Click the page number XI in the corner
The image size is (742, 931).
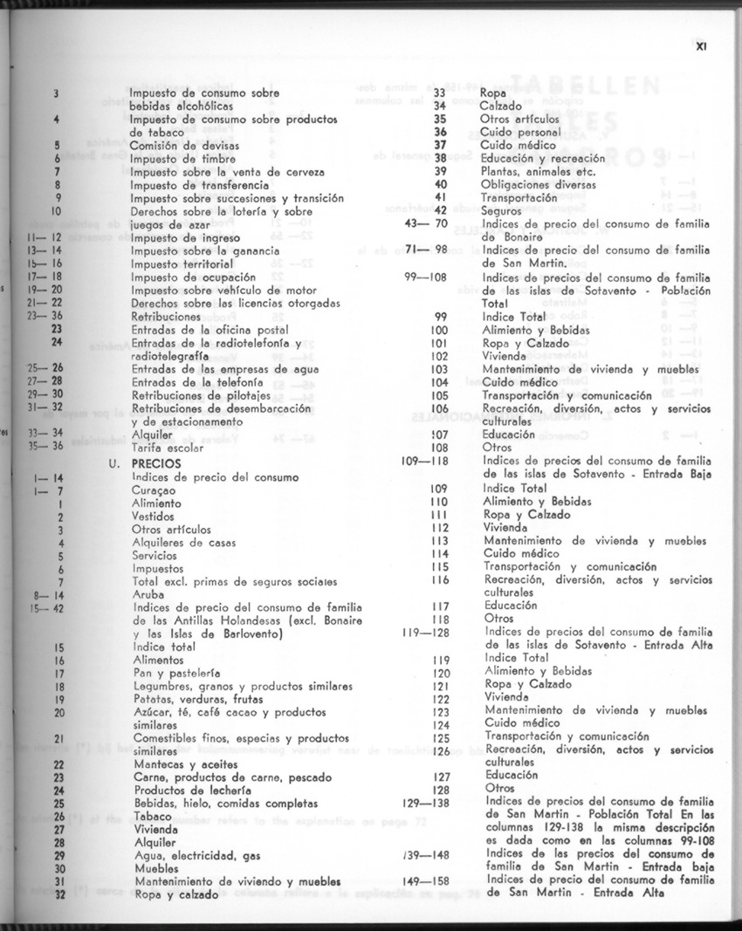tap(700, 49)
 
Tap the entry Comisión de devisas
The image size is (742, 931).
tap(184, 146)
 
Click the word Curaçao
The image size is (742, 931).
tap(154, 490)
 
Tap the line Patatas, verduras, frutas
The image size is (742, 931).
tap(198, 699)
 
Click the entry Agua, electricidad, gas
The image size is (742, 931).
tap(196, 856)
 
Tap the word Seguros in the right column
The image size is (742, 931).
tap(502, 210)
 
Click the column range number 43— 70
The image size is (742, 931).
tap(427, 223)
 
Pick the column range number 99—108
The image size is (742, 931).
tap(427, 277)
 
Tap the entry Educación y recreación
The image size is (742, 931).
tap(542, 158)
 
